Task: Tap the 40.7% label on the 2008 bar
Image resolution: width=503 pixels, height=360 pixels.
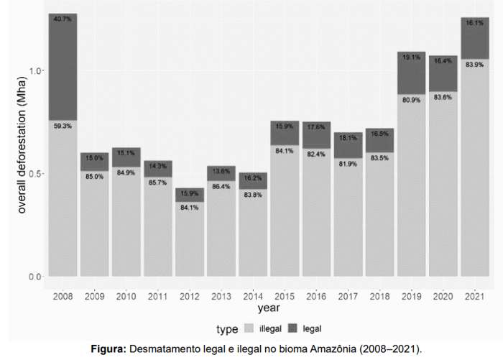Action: coord(63,19)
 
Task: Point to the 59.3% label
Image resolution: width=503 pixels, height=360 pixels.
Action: coord(63,126)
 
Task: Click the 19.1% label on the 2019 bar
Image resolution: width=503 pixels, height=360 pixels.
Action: coord(411,57)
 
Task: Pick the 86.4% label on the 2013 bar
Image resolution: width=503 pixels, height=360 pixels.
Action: coord(221,186)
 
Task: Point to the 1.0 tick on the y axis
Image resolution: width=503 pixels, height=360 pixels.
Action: coord(34,70)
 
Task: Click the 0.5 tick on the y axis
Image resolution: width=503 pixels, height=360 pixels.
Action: coord(34,174)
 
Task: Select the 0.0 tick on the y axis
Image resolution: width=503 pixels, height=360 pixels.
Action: coord(34,277)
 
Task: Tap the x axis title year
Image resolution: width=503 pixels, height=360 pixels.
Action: coord(269,307)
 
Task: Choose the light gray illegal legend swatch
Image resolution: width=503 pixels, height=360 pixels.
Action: coord(249,328)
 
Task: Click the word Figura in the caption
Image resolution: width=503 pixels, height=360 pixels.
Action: coord(113,349)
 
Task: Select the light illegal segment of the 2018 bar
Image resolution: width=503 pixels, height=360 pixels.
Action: coord(379,216)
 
